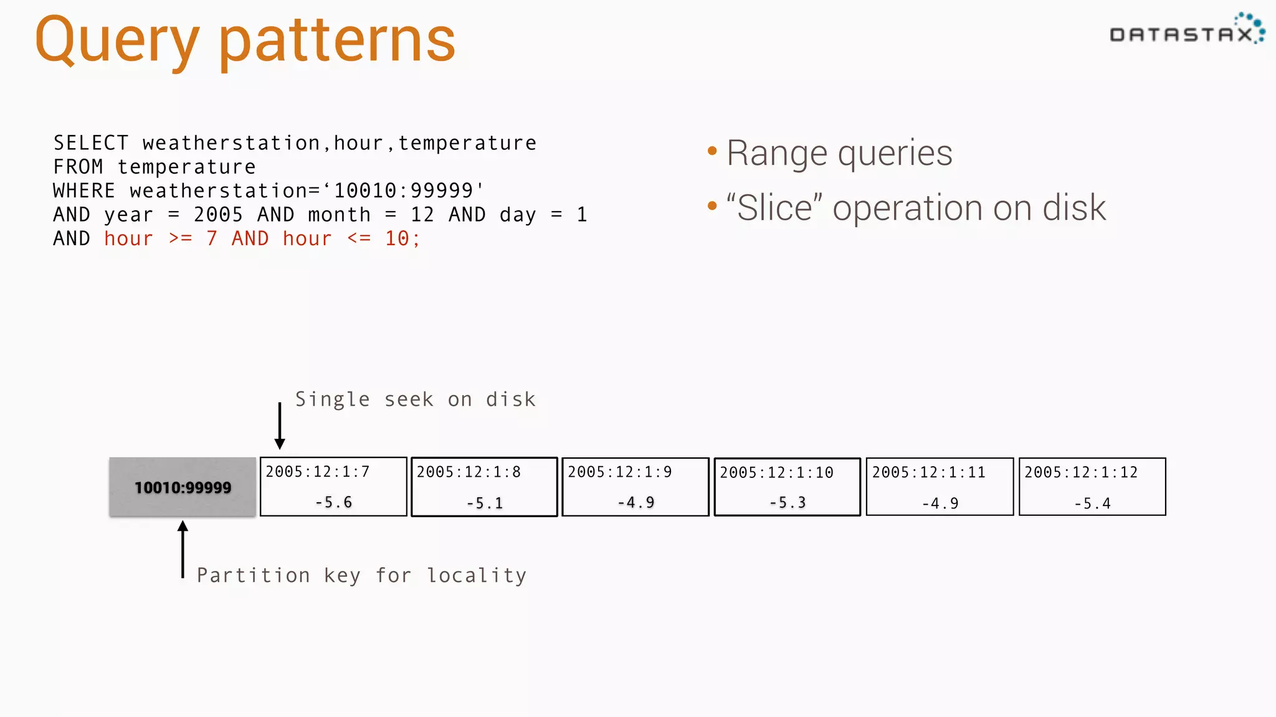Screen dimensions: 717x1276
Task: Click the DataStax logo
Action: coord(1186,31)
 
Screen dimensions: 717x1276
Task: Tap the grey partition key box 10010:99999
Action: coord(183,487)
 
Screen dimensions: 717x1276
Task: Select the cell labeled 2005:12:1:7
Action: coord(333,487)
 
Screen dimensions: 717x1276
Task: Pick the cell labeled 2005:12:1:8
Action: coord(484,487)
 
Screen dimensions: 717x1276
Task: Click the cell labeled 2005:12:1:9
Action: coord(635,487)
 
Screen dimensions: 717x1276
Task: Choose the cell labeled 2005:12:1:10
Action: coord(787,487)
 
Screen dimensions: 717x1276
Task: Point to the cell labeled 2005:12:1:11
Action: coord(940,487)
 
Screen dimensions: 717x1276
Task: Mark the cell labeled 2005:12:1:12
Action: coord(1092,487)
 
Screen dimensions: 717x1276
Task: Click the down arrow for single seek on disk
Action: coord(280,427)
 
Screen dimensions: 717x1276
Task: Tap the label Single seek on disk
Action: coord(415,400)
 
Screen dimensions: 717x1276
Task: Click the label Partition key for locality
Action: coord(361,576)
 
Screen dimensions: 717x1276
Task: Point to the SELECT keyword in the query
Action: coord(91,143)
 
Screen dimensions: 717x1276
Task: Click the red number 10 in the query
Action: coord(397,239)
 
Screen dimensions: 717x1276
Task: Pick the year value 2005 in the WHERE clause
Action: coord(218,215)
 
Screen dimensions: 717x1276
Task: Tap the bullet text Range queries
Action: coord(839,154)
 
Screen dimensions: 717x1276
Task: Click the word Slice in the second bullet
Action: coord(774,208)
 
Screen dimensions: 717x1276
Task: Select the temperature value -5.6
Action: coord(333,502)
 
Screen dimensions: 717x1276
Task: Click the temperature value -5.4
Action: coord(1092,504)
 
